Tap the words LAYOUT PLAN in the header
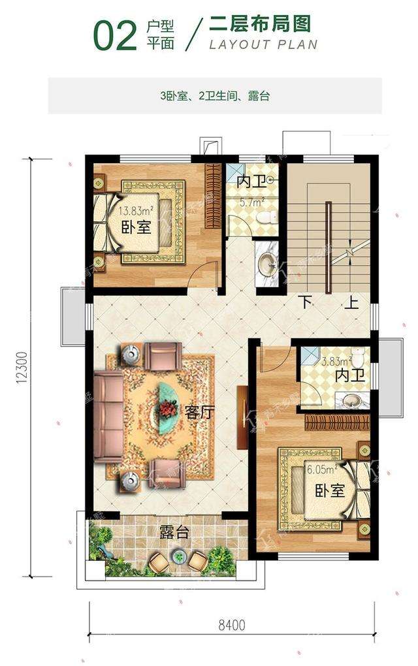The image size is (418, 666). pos(263,44)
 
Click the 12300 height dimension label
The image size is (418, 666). pos(22,368)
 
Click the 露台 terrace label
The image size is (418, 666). pos(174,532)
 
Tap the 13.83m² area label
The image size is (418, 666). pos(136,211)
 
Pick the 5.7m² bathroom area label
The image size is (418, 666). pos(249,203)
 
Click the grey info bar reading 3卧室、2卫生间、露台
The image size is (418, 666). pos(215,96)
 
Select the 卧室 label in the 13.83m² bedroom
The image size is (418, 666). pos(136,227)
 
